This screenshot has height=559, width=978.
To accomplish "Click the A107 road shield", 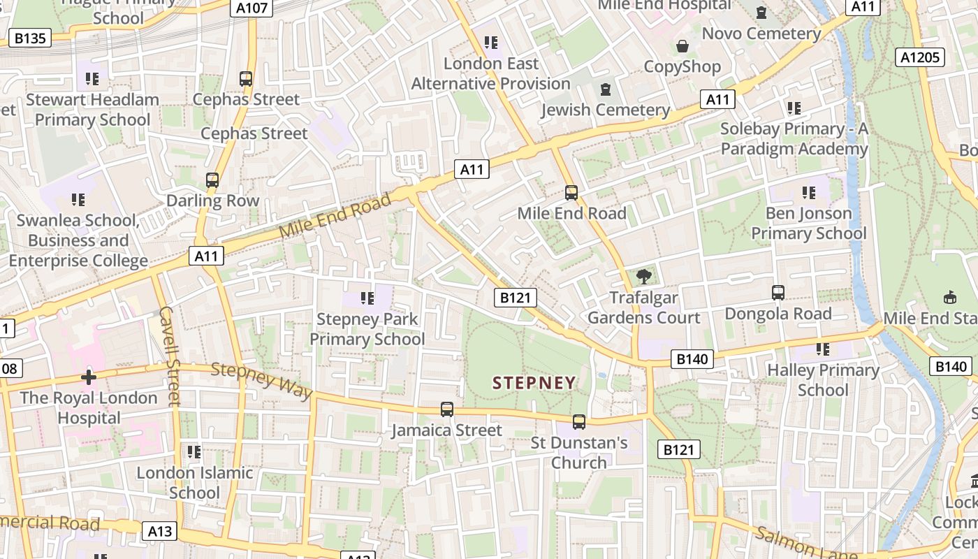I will pyautogui.click(x=251, y=8).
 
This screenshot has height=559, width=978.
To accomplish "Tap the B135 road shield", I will pyautogui.click(x=30, y=38).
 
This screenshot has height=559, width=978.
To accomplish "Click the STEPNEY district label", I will pyautogui.click(x=534, y=383).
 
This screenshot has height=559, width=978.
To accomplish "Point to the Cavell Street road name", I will pyautogui.click(x=170, y=356).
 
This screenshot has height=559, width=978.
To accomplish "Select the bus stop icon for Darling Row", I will pyautogui.click(x=212, y=180).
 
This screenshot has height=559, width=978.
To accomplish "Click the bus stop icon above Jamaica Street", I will pyautogui.click(x=447, y=409).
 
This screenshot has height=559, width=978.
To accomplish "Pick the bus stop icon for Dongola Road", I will pyautogui.click(x=778, y=293).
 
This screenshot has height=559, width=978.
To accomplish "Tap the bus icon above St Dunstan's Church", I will pyautogui.click(x=579, y=422).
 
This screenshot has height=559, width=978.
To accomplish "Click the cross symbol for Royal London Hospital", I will pyautogui.click(x=88, y=378).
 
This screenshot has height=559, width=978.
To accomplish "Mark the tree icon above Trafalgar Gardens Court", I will pyautogui.click(x=643, y=277).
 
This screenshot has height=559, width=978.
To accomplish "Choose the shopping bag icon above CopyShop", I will pyautogui.click(x=682, y=47).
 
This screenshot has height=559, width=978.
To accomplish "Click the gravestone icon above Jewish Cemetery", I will pyautogui.click(x=605, y=89).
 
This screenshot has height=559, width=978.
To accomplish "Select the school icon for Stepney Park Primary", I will pyautogui.click(x=367, y=298).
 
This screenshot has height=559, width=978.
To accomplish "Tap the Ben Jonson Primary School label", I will pyautogui.click(x=809, y=223).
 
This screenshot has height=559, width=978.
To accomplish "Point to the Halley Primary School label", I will pyautogui.click(x=823, y=379).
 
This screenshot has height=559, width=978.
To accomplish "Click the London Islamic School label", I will pyautogui.click(x=194, y=482).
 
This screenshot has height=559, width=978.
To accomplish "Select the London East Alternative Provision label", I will pyautogui.click(x=491, y=73).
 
